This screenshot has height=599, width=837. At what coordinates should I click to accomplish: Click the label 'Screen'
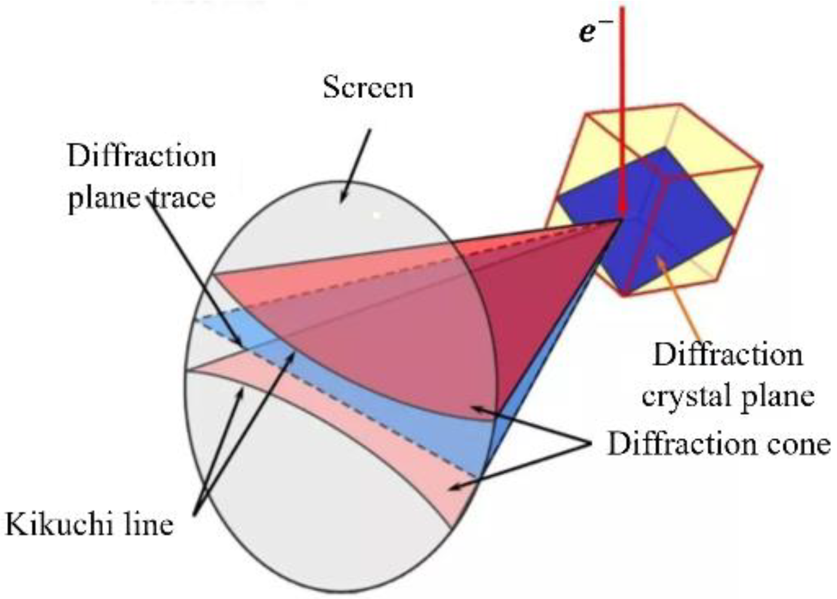click(368, 87)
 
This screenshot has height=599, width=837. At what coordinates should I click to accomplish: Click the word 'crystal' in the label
click(687, 396)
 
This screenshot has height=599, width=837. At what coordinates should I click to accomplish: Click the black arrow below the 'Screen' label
click(356, 164)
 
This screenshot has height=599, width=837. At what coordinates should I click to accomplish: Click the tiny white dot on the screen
click(376, 214)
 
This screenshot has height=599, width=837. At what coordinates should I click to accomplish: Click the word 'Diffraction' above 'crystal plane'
click(727, 355)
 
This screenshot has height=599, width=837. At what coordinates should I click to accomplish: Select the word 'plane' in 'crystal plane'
click(777, 396)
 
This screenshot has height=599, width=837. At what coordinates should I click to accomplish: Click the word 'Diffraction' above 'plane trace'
click(142, 157)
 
